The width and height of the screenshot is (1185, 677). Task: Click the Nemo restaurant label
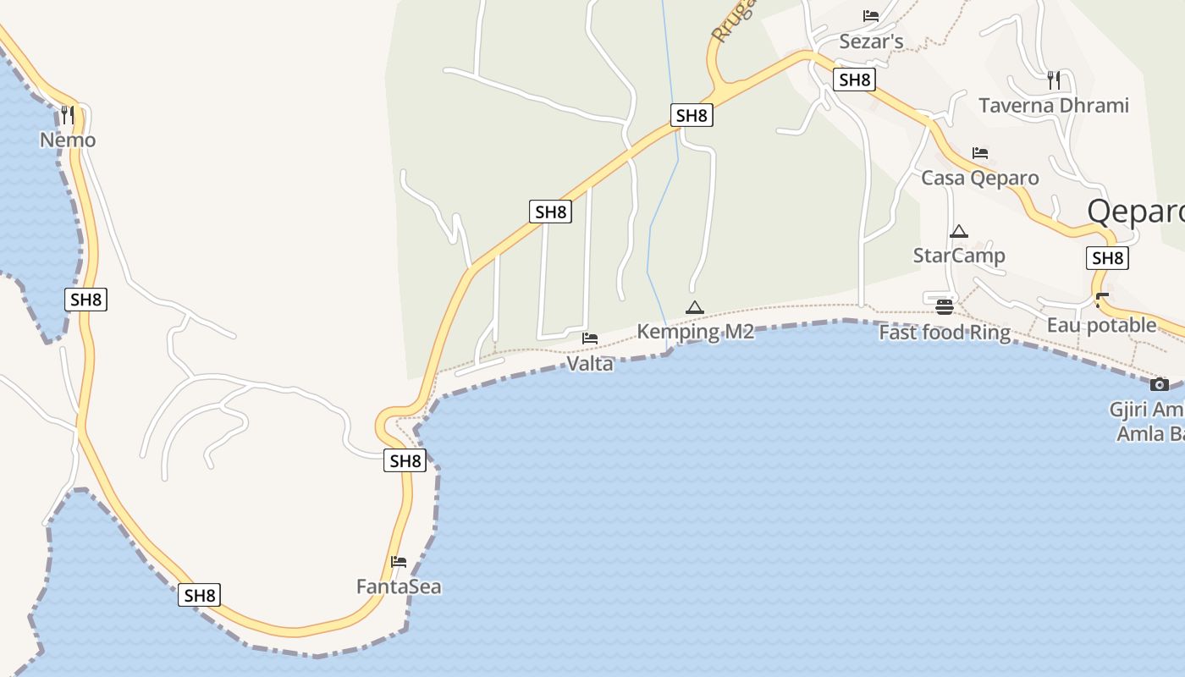pyautogui.click(x=68, y=140)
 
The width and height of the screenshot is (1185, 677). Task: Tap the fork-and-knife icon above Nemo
pyautogui.click(x=68, y=114)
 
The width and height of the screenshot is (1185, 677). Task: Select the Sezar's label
pyautogui.click(x=871, y=41)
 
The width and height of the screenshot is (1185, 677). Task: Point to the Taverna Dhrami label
pyautogui.click(x=1054, y=106)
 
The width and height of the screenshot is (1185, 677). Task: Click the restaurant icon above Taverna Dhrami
pyautogui.click(x=1054, y=80)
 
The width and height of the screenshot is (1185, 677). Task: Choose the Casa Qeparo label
pyautogui.click(x=980, y=178)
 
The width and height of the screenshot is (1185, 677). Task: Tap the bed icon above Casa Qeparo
pyautogui.click(x=980, y=153)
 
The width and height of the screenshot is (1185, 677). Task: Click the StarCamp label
pyautogui.click(x=959, y=256)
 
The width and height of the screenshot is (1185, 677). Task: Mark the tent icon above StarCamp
pyautogui.click(x=959, y=231)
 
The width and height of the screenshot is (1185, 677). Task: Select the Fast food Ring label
pyautogui.click(x=945, y=333)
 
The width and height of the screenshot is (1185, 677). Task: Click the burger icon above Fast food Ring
pyautogui.click(x=945, y=306)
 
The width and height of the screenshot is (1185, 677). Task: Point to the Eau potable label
pyautogui.click(x=1101, y=325)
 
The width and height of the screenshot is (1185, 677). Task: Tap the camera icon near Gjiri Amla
pyautogui.click(x=1160, y=384)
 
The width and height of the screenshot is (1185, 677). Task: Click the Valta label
pyautogui.click(x=590, y=364)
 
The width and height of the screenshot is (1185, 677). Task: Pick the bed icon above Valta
pyautogui.click(x=590, y=338)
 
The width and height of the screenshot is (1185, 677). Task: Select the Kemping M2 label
pyautogui.click(x=695, y=332)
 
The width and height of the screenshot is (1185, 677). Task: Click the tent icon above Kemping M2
pyautogui.click(x=695, y=307)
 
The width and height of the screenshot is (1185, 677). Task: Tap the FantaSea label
pyautogui.click(x=399, y=586)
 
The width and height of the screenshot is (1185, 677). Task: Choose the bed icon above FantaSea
pyautogui.click(x=399, y=561)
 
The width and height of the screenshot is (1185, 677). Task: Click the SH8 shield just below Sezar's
pyautogui.click(x=854, y=80)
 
